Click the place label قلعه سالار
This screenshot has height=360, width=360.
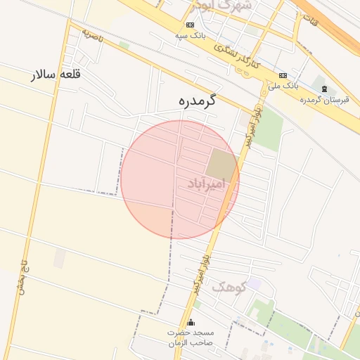(57, 75)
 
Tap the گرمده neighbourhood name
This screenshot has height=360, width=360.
(196, 101)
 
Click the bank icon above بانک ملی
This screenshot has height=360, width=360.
(283, 75)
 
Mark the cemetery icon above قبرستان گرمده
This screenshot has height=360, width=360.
(323, 89)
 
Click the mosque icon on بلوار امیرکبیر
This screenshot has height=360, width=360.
(190, 322)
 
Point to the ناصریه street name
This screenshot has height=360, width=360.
(92, 34)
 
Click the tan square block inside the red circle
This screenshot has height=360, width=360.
(221, 164)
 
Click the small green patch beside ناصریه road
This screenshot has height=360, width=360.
(124, 45)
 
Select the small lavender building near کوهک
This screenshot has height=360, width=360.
(253, 283)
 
